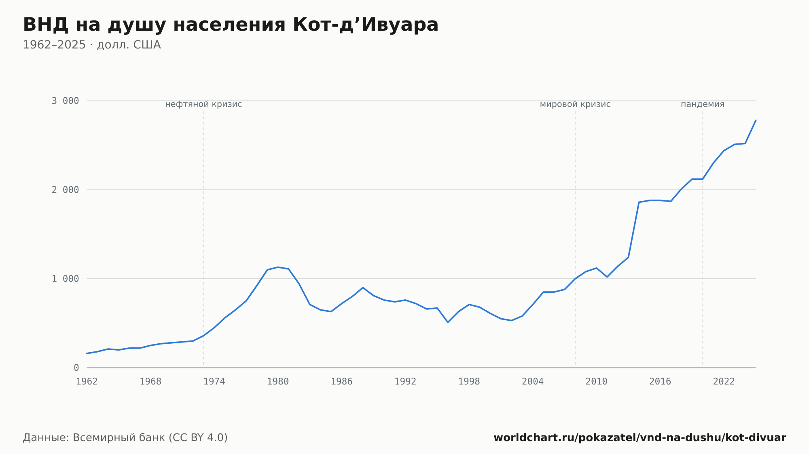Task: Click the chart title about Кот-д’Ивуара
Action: [231, 25]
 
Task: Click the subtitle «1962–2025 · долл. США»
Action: [92, 45]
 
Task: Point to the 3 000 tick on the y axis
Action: [65, 101]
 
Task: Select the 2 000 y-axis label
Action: [65, 190]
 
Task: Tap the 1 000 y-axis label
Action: [65, 279]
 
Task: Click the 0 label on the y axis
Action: [76, 368]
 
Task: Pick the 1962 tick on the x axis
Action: [87, 382]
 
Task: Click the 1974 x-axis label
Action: [214, 382]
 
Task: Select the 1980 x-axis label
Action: [278, 382]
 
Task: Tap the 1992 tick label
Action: [405, 382]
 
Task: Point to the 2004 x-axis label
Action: [533, 382]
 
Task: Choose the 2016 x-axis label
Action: [660, 382]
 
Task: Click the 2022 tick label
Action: [724, 382]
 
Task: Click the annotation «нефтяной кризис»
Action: [203, 104]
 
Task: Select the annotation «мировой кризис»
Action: [575, 104]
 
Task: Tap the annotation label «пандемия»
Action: [703, 104]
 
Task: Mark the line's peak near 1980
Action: [278, 267]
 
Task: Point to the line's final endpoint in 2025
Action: [756, 120]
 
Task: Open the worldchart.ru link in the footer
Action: [640, 438]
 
